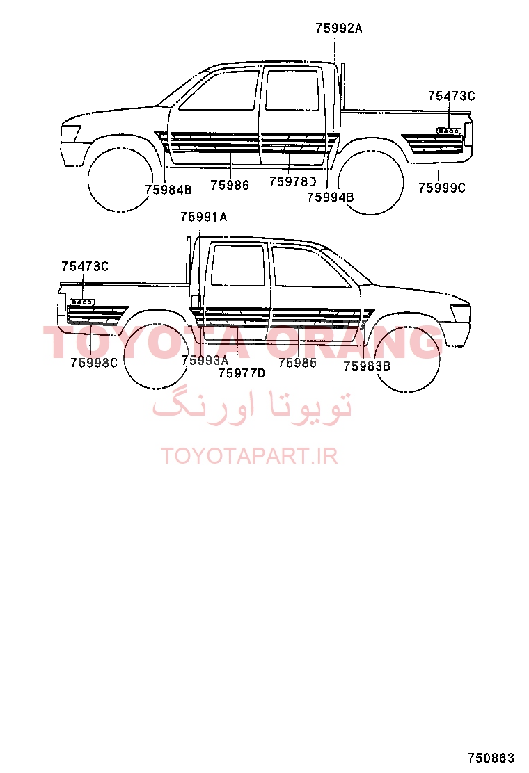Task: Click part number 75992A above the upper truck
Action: click(338, 29)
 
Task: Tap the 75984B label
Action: click(168, 189)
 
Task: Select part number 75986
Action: click(230, 185)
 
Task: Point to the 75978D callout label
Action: click(292, 181)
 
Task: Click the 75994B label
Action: click(330, 197)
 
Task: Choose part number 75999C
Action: click(442, 188)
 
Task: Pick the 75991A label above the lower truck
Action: click(203, 217)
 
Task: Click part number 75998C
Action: click(94, 363)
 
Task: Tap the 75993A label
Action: click(205, 360)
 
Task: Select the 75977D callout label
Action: click(242, 373)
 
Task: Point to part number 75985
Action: click(297, 363)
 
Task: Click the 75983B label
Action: click(367, 366)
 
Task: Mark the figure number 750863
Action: click(491, 757)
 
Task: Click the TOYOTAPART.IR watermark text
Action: click(249, 456)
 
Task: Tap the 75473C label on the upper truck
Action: click(451, 96)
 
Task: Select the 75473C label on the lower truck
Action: click(85, 267)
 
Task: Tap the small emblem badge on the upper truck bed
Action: click(449, 131)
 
